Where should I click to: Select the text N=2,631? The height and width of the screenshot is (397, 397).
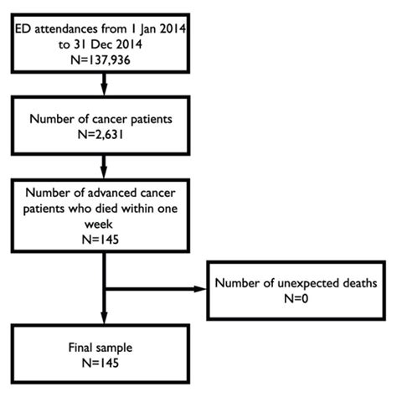pyautogui.click(x=101, y=133)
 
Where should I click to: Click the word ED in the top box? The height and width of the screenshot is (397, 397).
pyautogui.click(x=23, y=32)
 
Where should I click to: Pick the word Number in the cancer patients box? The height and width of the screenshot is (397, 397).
pyautogui.click(x=53, y=119)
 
